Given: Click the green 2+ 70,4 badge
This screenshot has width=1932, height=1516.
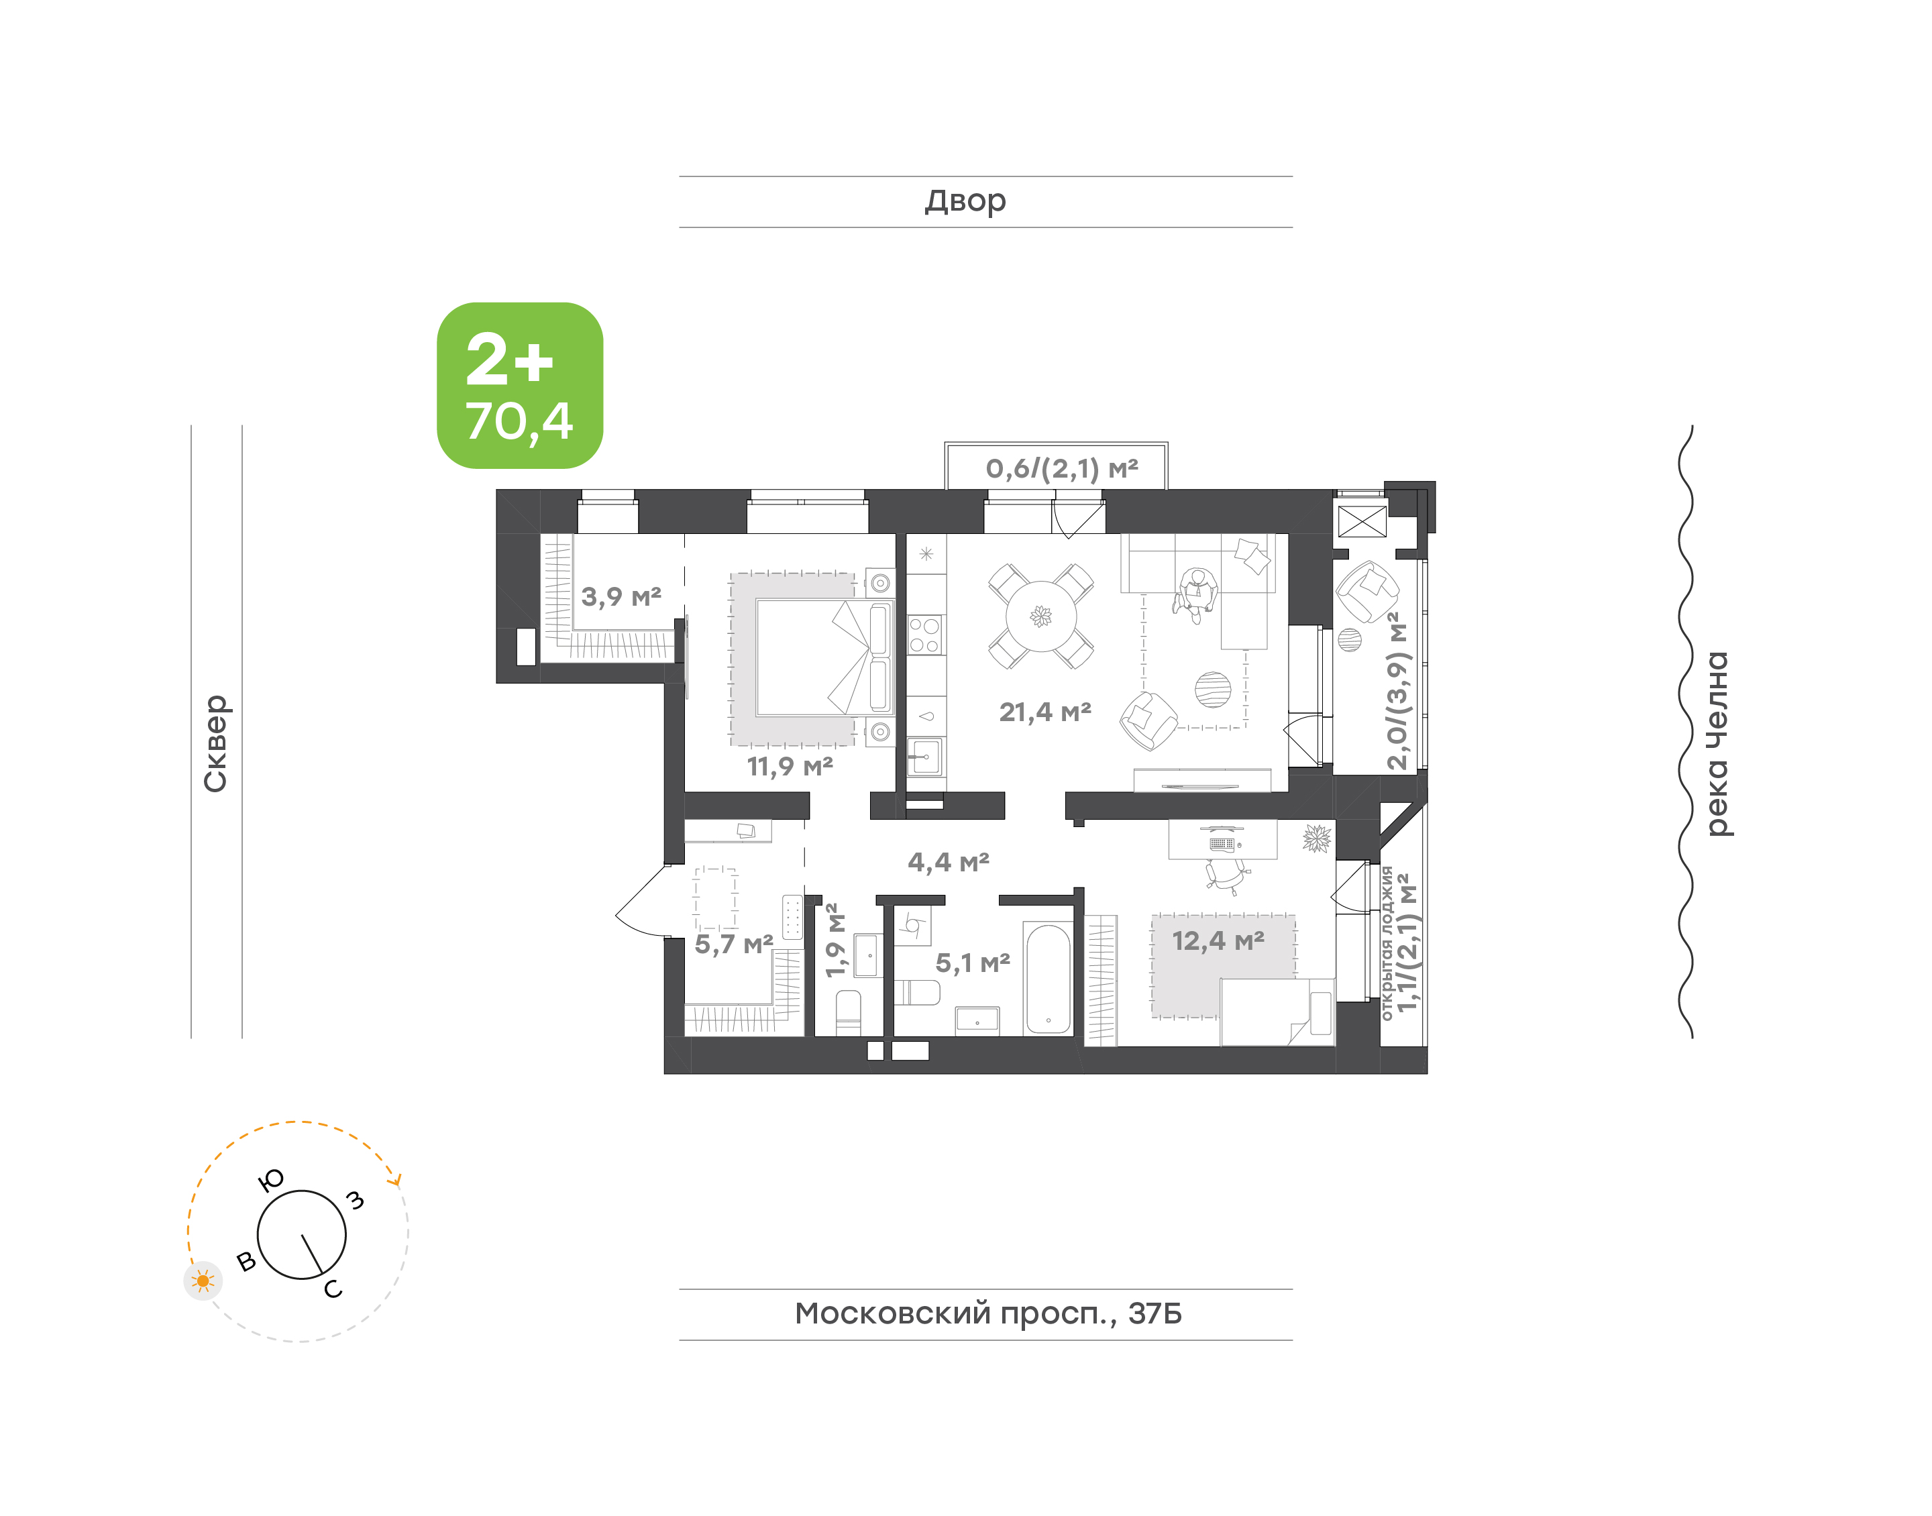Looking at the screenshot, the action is pos(520,385).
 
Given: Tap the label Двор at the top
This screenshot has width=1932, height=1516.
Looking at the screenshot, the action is pos(965,201).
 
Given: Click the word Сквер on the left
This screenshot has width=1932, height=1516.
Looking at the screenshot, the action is pos(215,743).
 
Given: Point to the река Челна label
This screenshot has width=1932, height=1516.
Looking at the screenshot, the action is pos(1718,744).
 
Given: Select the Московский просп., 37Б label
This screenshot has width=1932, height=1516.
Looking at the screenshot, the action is pos(987,1313).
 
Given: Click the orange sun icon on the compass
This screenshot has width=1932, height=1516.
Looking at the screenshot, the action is pos(203,1281).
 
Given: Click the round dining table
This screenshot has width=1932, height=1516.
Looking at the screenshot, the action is pos(1041,616).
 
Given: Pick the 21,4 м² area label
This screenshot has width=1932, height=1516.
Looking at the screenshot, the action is pos(1044,712).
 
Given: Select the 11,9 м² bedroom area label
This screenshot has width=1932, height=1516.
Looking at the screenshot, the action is pos(790,765).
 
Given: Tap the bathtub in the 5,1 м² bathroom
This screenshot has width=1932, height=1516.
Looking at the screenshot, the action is pos(1048,979).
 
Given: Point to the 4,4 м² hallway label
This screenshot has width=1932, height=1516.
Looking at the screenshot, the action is pos(949,862).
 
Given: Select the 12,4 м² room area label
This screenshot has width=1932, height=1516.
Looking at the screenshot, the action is pos(1218,941).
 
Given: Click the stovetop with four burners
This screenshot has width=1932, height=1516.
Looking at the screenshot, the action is pos(924,635).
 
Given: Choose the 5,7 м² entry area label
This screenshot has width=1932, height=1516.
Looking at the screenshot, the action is pos(734,944).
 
